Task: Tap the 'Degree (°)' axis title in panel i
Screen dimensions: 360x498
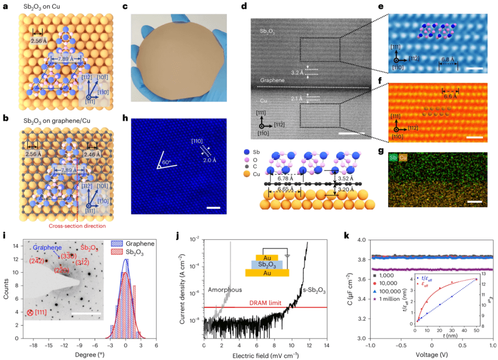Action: click(x=77, y=355)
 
